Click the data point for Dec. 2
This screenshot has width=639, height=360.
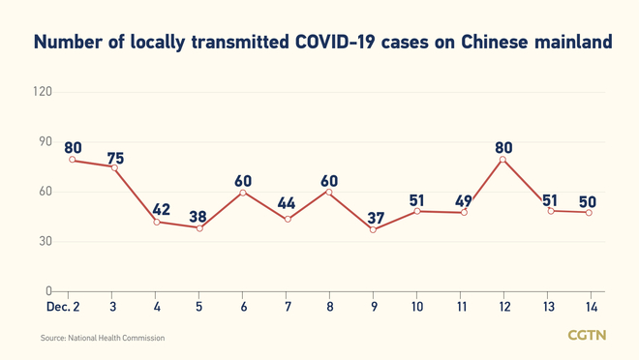click(73, 160)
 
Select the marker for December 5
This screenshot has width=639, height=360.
click(199, 228)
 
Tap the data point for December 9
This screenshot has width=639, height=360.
click(373, 229)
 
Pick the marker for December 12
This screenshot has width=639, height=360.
click(502, 160)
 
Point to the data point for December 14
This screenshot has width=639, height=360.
click(589, 213)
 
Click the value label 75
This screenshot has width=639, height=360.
click(115, 158)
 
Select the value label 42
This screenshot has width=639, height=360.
click(162, 208)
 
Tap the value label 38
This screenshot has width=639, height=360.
click(199, 215)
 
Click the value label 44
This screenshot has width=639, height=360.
click(287, 204)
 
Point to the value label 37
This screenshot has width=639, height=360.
click(373, 216)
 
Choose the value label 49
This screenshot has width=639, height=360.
click(465, 200)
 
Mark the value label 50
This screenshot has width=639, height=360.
click(589, 201)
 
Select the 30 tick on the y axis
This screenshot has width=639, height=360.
click(44, 242)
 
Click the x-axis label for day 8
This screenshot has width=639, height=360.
click(329, 306)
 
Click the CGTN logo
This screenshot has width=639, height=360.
click(588, 335)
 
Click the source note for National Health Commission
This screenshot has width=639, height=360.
click(103, 338)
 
